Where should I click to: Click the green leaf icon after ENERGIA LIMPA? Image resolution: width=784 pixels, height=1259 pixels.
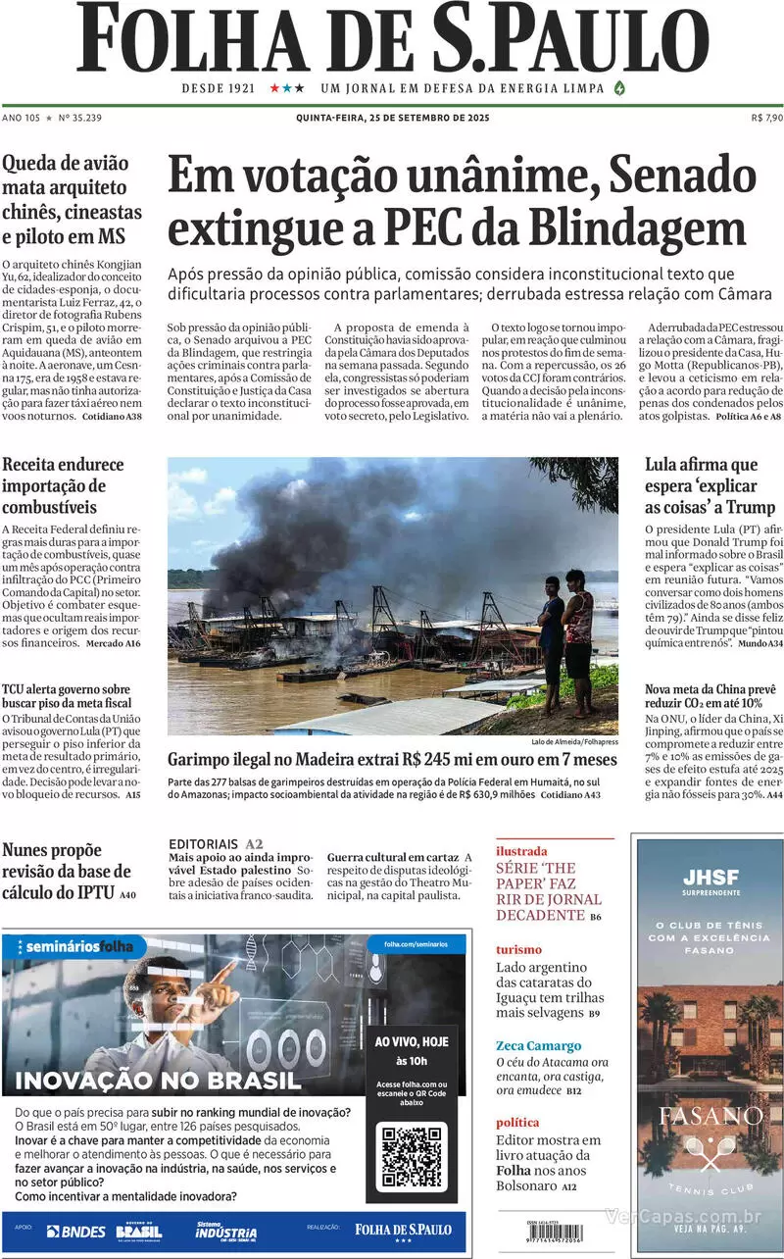618,87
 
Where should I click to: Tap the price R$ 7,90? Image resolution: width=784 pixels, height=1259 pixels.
766,118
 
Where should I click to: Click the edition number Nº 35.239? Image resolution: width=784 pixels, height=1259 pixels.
80,118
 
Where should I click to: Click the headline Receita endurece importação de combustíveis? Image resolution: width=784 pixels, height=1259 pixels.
54,486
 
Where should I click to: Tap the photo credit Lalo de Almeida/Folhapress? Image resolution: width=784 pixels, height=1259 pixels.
574,742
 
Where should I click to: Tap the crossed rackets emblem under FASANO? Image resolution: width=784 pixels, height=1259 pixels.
710,1153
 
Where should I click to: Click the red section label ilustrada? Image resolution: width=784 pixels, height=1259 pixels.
521,851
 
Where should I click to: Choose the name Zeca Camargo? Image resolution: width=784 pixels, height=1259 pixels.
538,1045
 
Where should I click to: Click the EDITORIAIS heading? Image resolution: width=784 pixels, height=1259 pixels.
204,843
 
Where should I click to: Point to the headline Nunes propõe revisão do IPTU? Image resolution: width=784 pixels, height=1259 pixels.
67,871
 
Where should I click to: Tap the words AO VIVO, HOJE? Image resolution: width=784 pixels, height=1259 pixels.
412,1041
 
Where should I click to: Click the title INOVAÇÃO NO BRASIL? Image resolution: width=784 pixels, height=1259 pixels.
159,1081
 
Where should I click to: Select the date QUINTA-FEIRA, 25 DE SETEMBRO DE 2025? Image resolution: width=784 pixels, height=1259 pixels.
392,118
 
